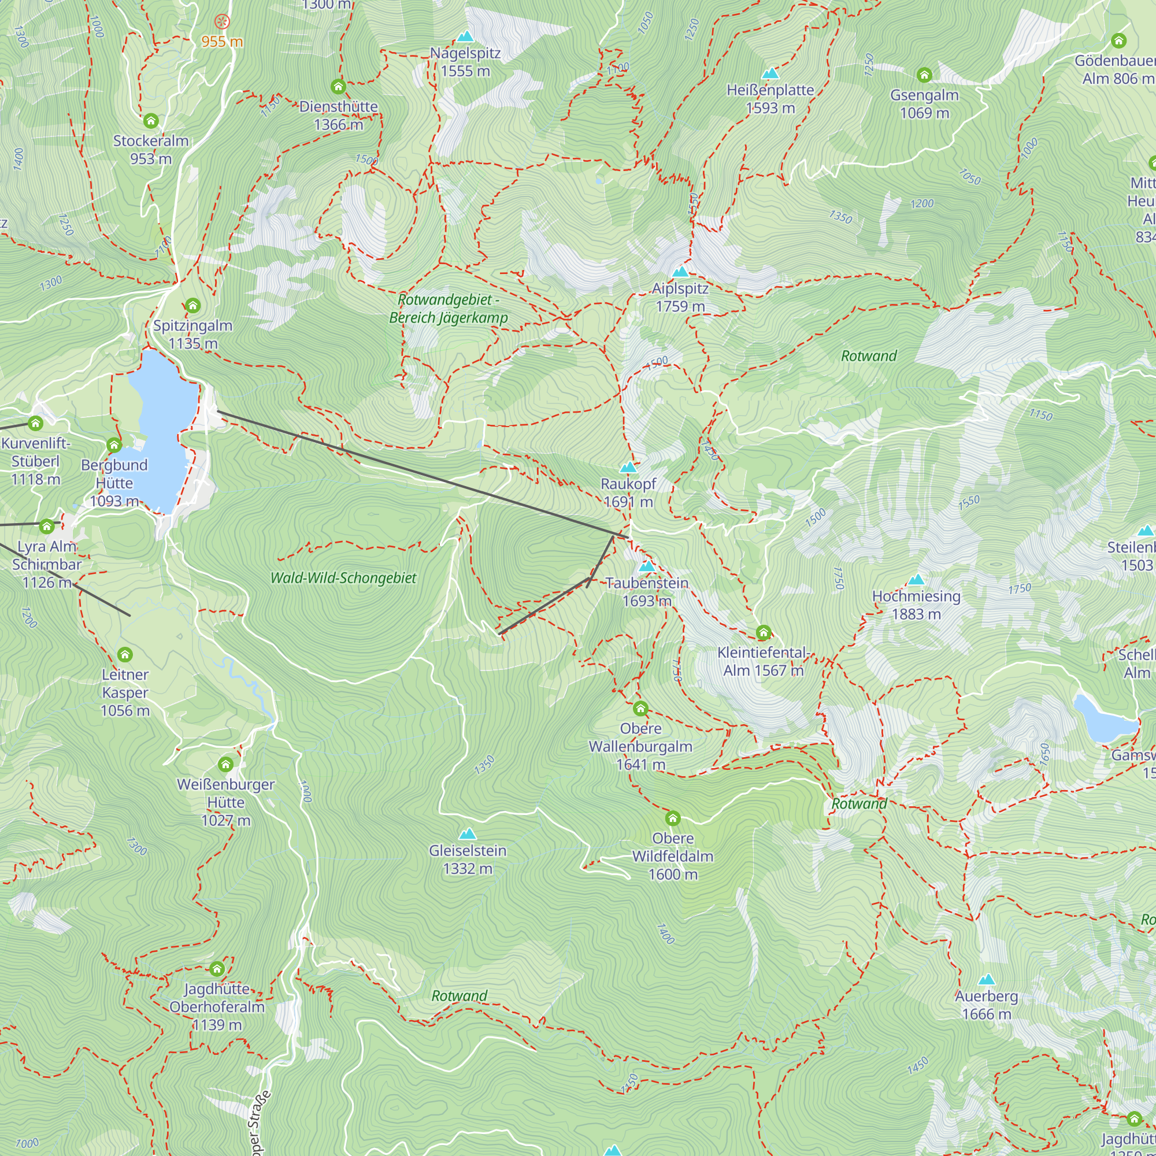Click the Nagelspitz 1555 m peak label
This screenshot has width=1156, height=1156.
coord(465,62)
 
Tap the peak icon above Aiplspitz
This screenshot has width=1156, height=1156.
coord(680,272)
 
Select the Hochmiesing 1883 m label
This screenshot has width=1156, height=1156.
coord(916,605)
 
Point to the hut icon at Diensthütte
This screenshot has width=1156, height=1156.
coord(339,87)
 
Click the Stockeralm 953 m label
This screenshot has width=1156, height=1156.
coord(151,150)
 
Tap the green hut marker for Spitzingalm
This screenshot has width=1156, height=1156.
coord(192,306)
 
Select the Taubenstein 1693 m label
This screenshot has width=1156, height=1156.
coord(647,592)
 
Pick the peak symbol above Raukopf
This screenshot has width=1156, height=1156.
coord(628,467)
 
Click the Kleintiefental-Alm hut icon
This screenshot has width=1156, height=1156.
coord(763,632)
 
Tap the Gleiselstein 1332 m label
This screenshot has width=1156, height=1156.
coord(467,859)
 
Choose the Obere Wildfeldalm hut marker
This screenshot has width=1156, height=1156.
coord(673,818)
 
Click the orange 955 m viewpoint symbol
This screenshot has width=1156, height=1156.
coord(222,22)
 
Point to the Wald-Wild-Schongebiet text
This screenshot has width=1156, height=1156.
coord(343,578)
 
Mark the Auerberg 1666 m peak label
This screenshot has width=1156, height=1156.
coord(986,1005)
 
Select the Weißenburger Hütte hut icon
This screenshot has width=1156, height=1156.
coord(225,764)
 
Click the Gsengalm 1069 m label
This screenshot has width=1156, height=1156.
coord(924,103)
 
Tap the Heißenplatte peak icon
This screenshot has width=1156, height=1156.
coord(770,73)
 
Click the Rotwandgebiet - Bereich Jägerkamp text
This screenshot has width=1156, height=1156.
coord(448,309)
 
